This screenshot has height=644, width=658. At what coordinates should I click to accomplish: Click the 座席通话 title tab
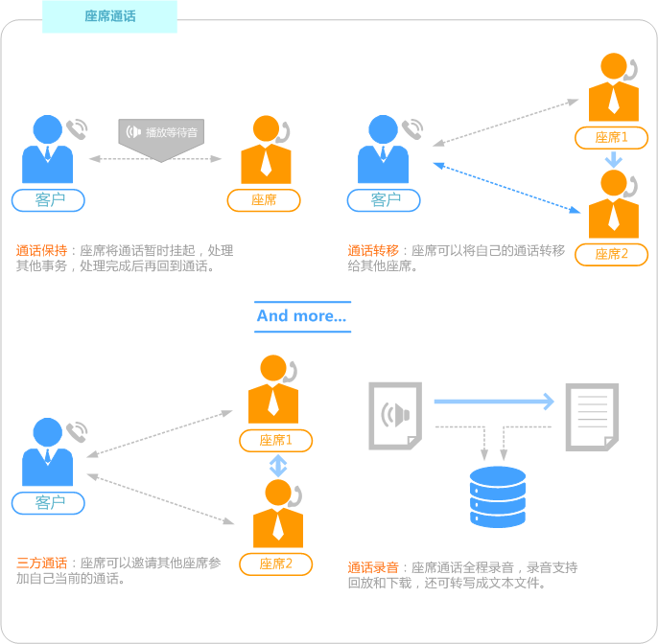[x=109, y=16]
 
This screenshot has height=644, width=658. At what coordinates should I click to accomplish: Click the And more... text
[x=302, y=315]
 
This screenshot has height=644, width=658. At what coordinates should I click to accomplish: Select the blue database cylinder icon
[x=498, y=496]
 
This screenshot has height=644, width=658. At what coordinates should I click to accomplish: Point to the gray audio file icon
[x=395, y=416]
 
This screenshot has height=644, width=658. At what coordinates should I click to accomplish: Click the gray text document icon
[x=592, y=417]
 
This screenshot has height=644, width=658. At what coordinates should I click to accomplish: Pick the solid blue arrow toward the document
[x=494, y=402]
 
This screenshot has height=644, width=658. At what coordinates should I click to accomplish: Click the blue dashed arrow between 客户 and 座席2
[x=506, y=188]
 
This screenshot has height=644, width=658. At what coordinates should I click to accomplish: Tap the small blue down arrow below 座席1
[x=614, y=160]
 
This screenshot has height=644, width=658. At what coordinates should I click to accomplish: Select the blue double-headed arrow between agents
[x=278, y=466]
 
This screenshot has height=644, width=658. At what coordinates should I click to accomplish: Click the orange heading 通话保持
[x=41, y=250]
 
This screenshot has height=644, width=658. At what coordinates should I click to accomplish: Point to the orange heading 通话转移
[x=373, y=250]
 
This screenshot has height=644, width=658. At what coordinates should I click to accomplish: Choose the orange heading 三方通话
[x=41, y=563]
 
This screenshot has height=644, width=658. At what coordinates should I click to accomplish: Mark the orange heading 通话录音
[x=373, y=567]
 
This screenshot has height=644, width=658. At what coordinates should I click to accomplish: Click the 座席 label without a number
[x=264, y=200]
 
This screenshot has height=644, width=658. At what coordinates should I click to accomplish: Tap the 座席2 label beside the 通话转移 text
[x=611, y=254]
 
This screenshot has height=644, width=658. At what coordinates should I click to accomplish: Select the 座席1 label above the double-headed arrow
[x=275, y=440]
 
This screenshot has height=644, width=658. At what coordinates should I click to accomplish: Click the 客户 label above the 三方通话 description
[x=48, y=503]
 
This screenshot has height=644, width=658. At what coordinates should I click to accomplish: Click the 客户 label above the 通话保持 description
[x=48, y=200]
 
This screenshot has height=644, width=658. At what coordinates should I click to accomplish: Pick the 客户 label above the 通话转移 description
[x=384, y=200]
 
